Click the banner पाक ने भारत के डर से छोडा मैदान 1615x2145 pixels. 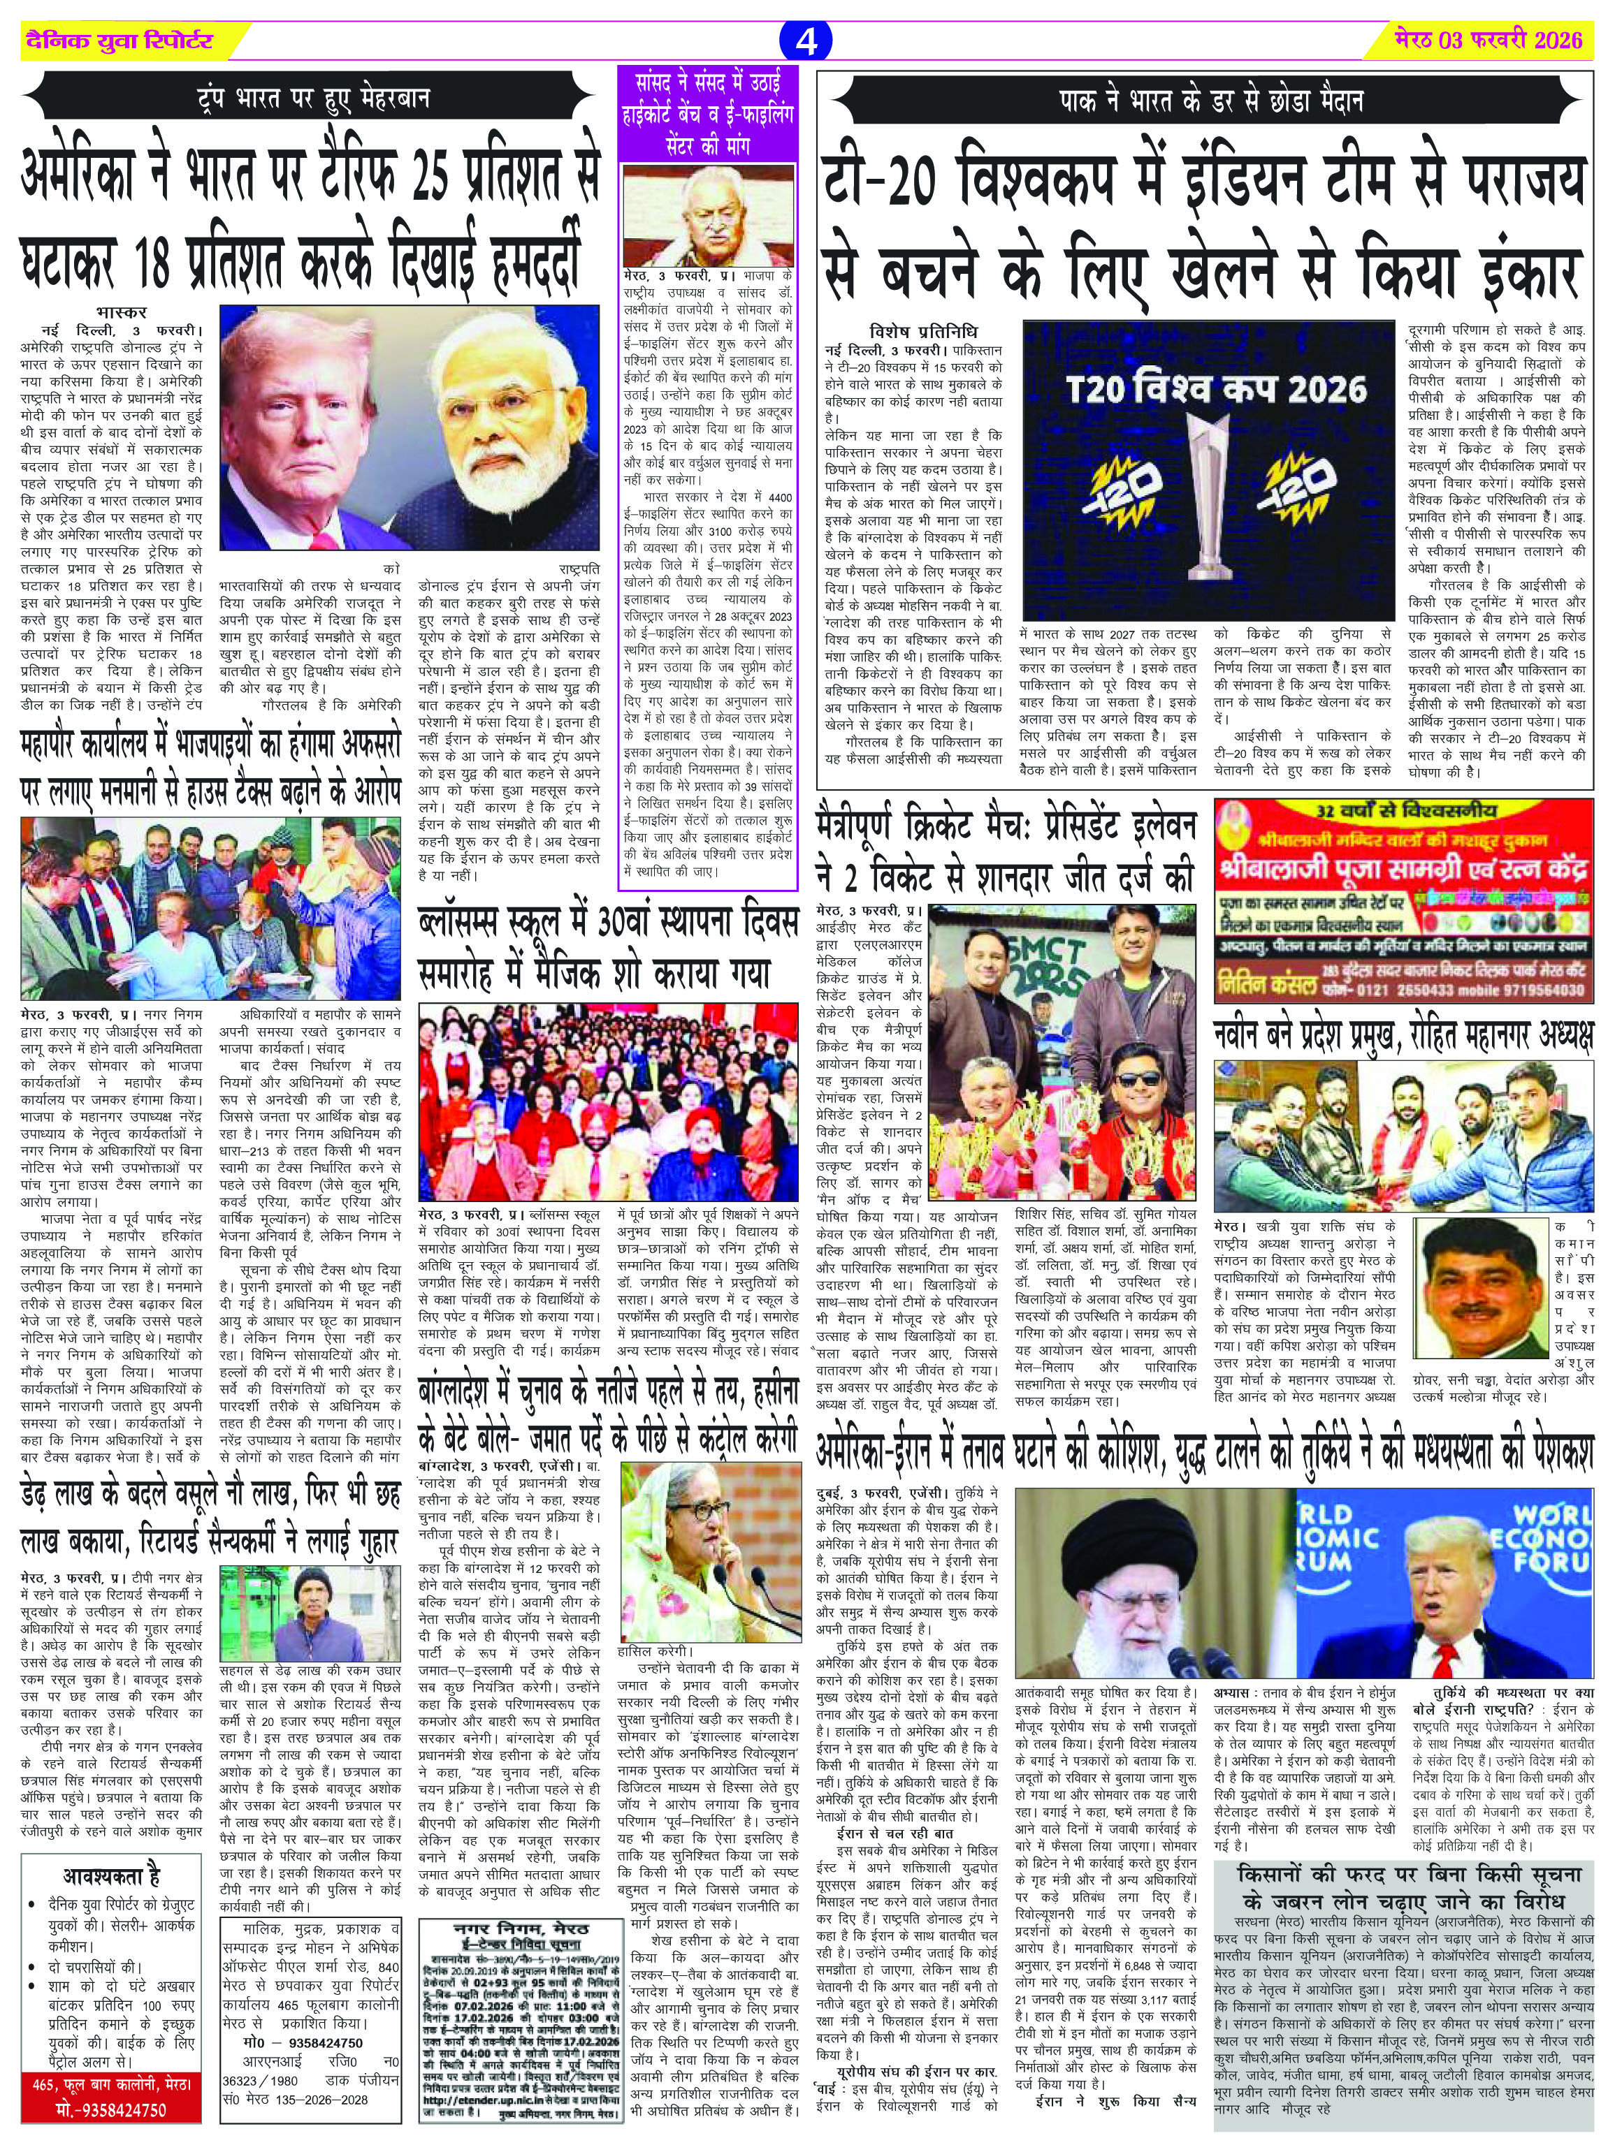click(x=1212, y=101)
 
